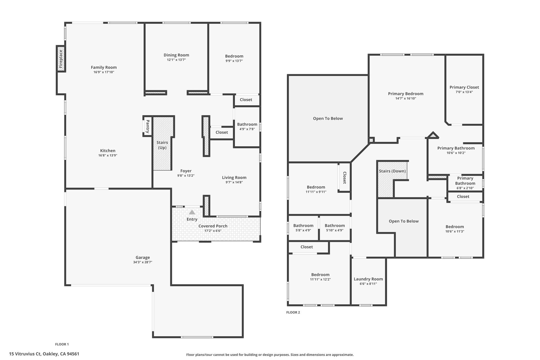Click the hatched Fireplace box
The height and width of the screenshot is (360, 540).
click(x=61, y=59)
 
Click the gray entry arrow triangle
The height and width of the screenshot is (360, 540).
click(x=192, y=212)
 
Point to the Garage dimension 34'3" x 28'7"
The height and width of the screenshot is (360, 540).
click(x=143, y=262)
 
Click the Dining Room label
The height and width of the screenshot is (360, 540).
click(x=176, y=55)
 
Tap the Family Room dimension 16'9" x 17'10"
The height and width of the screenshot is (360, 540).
click(x=104, y=72)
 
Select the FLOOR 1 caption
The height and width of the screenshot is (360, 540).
click(x=62, y=344)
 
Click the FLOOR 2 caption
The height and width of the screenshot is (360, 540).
click(x=293, y=313)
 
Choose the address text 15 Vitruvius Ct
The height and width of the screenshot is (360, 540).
click(x=25, y=354)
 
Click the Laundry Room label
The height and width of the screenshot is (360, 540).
click(x=368, y=279)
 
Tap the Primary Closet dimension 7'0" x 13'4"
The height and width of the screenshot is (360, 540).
click(x=464, y=92)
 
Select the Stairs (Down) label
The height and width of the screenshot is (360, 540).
click(x=392, y=171)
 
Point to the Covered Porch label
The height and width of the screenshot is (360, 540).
click(x=213, y=226)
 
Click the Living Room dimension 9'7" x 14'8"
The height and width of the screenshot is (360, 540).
click(x=234, y=182)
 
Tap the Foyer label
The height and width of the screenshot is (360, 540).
click(x=186, y=171)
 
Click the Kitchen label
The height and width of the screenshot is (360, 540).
click(x=108, y=151)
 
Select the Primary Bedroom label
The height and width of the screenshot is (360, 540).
click(x=406, y=94)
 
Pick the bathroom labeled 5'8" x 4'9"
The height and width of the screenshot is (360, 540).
click(x=303, y=228)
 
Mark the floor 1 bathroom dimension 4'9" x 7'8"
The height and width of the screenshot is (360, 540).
click(x=247, y=129)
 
